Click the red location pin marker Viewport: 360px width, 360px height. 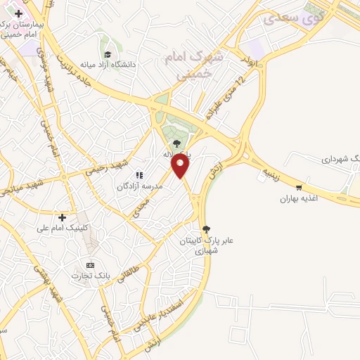[x=181, y=165]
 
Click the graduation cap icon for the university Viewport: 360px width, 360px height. [x=108, y=54]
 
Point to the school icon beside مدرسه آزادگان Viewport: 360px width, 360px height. [x=139, y=175]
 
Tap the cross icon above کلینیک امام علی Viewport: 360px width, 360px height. [x=63, y=217]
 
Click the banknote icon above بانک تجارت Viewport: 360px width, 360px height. [x=90, y=264]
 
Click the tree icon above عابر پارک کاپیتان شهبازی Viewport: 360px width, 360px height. [x=206, y=229]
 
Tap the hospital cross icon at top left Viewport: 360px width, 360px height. [x=18, y=13]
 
